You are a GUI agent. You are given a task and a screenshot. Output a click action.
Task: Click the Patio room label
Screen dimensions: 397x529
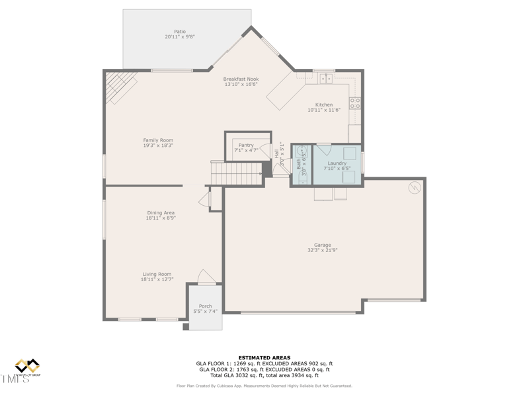180,31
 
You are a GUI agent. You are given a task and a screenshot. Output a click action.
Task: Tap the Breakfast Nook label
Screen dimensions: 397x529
241,79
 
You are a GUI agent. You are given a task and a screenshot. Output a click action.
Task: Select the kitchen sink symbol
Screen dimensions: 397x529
325,79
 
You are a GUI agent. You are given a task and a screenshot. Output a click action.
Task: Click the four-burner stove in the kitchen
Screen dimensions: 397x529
355,103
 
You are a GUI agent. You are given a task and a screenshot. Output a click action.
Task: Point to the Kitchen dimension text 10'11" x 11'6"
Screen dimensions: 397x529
323,110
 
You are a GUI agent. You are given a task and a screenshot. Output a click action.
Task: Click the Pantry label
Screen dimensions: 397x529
246,145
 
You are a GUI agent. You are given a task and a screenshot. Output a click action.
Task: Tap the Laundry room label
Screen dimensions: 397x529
337,163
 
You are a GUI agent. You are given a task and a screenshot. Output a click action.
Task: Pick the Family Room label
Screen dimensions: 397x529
158,140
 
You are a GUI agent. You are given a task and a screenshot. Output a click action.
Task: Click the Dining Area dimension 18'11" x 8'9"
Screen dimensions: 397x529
161,218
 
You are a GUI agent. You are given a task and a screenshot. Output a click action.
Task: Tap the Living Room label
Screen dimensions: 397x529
157,274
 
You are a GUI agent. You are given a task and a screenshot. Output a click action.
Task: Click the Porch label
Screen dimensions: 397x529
206,306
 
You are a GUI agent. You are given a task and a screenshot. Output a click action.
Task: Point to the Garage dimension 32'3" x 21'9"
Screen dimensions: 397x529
322,250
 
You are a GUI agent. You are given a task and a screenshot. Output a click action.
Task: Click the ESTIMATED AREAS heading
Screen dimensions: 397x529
264,357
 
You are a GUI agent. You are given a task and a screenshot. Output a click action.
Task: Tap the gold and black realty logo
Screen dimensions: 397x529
28,367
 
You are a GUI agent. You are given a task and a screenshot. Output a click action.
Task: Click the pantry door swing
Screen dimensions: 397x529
264,152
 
